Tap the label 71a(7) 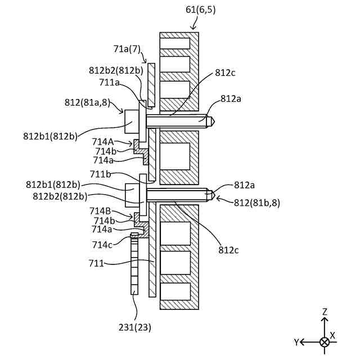tap(127, 49)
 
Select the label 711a tap(110, 83)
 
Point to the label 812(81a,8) tap(86, 102)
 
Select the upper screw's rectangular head tap(132, 120)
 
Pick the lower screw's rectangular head tap(132, 195)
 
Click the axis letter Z tap(325, 311)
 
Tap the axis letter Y tap(296, 342)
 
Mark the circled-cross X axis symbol tap(325, 342)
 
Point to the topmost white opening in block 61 tap(175, 43)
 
